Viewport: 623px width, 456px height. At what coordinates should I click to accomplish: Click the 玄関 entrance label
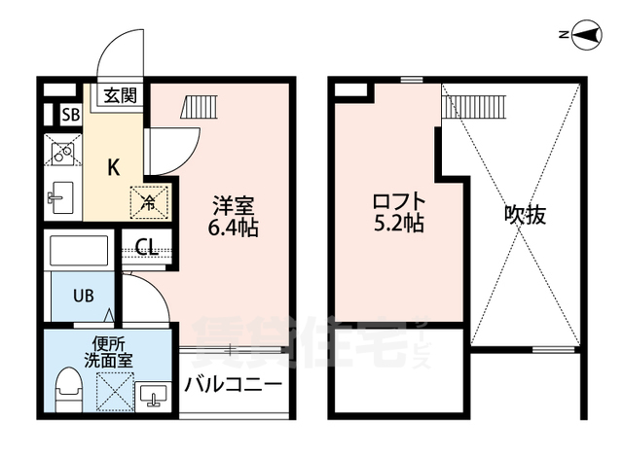(x=121, y=95)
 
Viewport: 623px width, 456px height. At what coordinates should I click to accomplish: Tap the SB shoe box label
(x=71, y=115)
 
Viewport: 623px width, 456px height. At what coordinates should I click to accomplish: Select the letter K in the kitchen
(x=114, y=167)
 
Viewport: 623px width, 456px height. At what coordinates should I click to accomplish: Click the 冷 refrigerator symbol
(x=149, y=202)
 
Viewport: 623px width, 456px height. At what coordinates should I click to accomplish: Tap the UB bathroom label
(x=84, y=296)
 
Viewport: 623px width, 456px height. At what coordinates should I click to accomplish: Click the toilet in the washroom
(x=69, y=390)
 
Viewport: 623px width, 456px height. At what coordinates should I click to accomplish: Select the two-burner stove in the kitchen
(x=63, y=150)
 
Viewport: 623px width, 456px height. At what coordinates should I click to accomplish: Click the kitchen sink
(x=60, y=197)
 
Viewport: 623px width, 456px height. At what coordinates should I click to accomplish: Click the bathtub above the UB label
(x=79, y=251)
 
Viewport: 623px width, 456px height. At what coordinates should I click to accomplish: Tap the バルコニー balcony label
(x=234, y=384)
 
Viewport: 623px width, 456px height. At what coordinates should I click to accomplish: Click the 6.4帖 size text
(x=234, y=228)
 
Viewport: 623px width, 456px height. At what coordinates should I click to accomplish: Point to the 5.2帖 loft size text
(x=398, y=224)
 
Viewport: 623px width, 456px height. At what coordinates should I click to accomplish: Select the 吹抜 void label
(x=526, y=215)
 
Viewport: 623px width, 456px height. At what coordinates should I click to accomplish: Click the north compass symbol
(x=586, y=35)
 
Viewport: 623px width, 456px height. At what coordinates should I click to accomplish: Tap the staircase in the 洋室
(x=200, y=107)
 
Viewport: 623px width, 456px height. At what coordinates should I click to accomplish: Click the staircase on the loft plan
(x=474, y=106)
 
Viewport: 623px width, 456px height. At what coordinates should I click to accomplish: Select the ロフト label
(x=399, y=201)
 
